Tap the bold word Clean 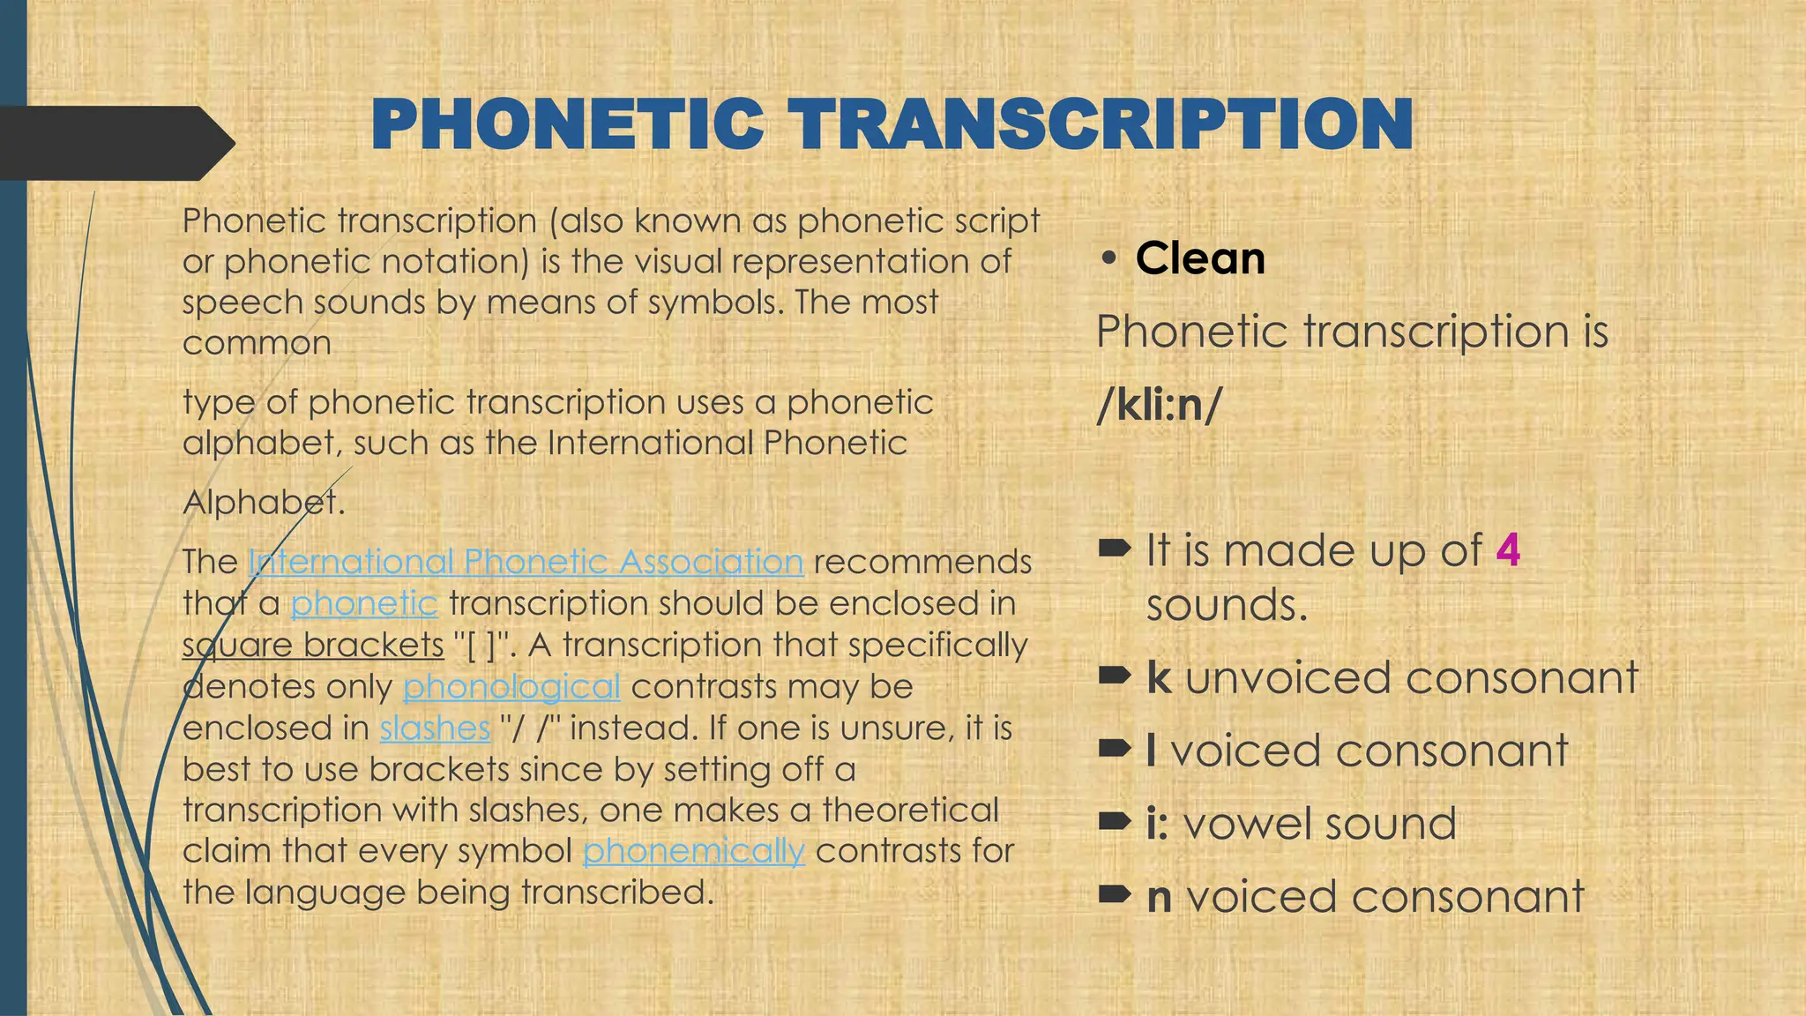(1200, 258)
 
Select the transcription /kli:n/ (1160, 405)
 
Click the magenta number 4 (1508, 550)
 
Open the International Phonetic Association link (526, 562)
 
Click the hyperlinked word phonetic (364, 603)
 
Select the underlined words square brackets (313, 645)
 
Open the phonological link (511, 686)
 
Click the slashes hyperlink (435, 728)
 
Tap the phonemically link (693, 851)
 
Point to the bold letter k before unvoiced (1159, 677)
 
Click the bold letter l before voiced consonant (1152, 751)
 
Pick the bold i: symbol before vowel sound (1157, 824)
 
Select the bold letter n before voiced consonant (1160, 897)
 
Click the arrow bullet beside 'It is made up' (1115, 549)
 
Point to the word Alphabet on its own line (263, 503)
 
